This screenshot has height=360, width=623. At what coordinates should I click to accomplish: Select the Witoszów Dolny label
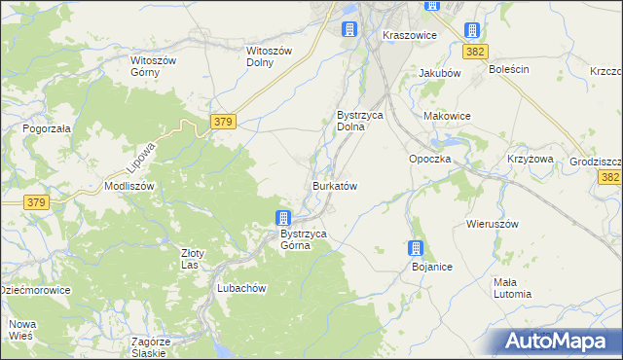[x=269, y=56]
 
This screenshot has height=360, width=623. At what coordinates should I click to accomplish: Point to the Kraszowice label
[x=409, y=35]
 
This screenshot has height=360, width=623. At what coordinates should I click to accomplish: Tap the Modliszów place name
[x=129, y=185]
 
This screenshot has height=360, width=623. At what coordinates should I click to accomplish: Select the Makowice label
[x=447, y=116]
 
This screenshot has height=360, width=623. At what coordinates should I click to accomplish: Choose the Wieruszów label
[x=493, y=224]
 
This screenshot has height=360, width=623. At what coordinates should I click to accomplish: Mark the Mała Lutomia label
[x=511, y=287]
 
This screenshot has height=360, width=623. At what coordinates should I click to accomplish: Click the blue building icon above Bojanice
[x=417, y=248]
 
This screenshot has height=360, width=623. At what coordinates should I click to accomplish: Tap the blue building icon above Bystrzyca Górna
[x=282, y=218]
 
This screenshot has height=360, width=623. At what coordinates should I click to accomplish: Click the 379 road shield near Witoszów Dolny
[x=222, y=121]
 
